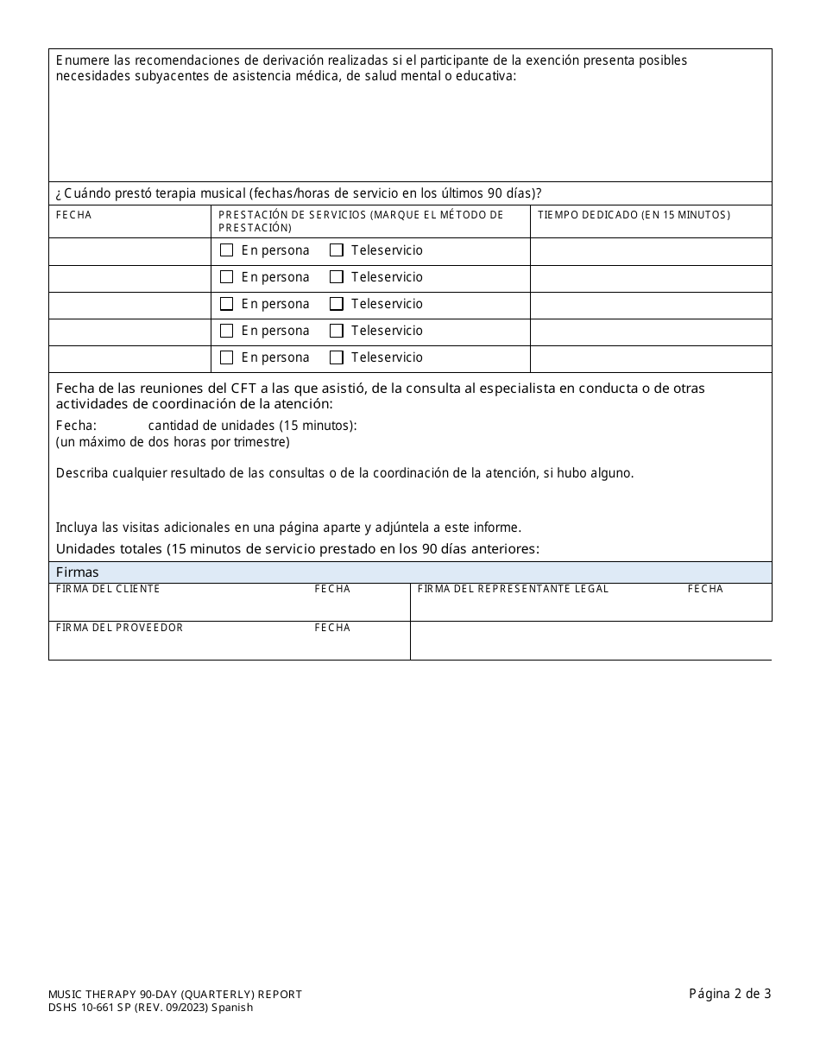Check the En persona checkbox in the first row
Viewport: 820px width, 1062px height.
[227, 250]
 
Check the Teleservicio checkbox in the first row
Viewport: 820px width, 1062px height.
[337, 250]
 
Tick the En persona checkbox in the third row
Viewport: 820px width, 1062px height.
[227, 304]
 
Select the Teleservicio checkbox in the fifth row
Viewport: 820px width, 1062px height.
[337, 357]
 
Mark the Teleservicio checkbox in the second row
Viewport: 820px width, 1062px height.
[337, 277]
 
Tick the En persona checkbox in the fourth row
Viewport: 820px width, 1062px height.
[227, 331]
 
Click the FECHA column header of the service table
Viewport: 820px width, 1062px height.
[74, 215]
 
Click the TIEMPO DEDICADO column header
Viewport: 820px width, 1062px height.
[634, 215]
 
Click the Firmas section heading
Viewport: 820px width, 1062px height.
[78, 572]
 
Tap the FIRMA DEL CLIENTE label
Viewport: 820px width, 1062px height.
[108, 589]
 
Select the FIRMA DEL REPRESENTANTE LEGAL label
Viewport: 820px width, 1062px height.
[513, 589]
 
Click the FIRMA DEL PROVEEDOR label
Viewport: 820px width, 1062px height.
[119, 628]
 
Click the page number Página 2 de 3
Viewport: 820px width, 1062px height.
[729, 994]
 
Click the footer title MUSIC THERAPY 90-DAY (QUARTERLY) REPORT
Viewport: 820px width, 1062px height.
[175, 995]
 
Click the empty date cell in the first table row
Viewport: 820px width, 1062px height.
[129, 251]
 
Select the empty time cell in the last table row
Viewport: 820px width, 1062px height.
[650, 358]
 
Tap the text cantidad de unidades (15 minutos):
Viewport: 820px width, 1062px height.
[252, 425]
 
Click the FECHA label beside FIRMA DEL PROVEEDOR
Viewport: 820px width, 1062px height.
[332, 628]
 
